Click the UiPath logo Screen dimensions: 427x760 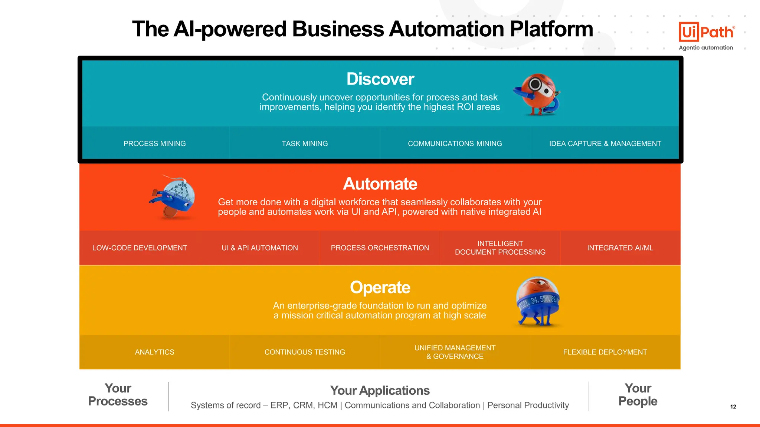coord(706,32)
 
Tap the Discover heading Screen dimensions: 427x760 coord(380,79)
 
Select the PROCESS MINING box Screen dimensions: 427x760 coord(154,143)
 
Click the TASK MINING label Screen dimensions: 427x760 coord(305,143)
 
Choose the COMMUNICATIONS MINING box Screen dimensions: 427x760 coord(455,143)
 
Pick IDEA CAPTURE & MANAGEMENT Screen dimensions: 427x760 coord(605,143)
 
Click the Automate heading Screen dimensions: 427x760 coord(380,184)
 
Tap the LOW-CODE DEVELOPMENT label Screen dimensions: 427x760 coord(140,248)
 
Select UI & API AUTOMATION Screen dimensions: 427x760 coord(259,248)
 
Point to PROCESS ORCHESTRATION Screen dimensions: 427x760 coord(380,248)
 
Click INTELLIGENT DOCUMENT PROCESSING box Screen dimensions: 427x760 coord(500,248)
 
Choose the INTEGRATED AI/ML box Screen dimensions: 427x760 coord(620,248)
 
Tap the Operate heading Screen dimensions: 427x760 coord(380,288)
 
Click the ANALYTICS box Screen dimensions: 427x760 coord(154,352)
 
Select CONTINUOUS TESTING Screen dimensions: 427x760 coord(305,352)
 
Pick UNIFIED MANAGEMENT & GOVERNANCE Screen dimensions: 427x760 coord(455,352)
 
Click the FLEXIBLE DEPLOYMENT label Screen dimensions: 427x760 coord(605,352)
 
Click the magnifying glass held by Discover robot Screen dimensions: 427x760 coord(535,85)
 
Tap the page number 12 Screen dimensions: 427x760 coord(733,407)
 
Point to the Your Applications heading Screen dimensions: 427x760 coord(380,390)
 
